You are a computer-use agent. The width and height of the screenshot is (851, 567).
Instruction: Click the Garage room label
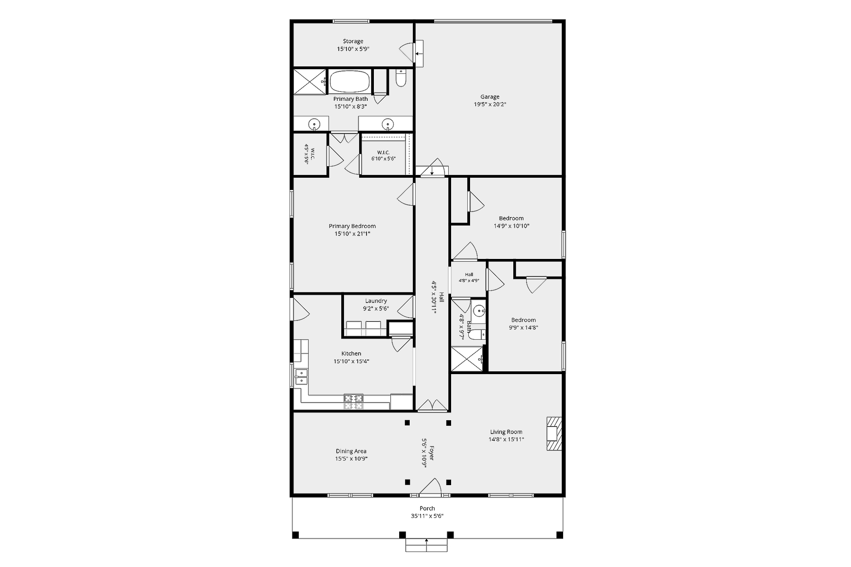[490, 97]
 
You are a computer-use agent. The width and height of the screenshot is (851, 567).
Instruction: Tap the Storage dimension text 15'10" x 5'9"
[353, 49]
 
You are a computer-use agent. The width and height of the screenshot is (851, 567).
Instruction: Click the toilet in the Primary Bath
[401, 78]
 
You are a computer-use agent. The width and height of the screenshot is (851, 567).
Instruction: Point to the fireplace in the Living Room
[554, 434]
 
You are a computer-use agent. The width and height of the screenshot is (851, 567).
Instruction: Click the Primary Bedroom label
[352, 226]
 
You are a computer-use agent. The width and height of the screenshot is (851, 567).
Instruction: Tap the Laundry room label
[376, 301]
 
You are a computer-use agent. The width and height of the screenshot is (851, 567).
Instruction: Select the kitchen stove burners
[354, 402]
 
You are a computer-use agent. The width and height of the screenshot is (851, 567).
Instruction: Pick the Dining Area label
[351, 451]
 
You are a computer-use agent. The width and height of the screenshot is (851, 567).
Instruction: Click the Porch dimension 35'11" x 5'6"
[427, 516]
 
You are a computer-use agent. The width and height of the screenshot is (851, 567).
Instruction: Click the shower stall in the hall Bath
[467, 359]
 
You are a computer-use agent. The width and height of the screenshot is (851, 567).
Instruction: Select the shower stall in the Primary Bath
[309, 82]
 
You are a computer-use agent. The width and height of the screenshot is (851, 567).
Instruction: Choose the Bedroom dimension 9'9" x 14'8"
[523, 328]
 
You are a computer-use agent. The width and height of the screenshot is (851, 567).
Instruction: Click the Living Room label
[506, 432]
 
